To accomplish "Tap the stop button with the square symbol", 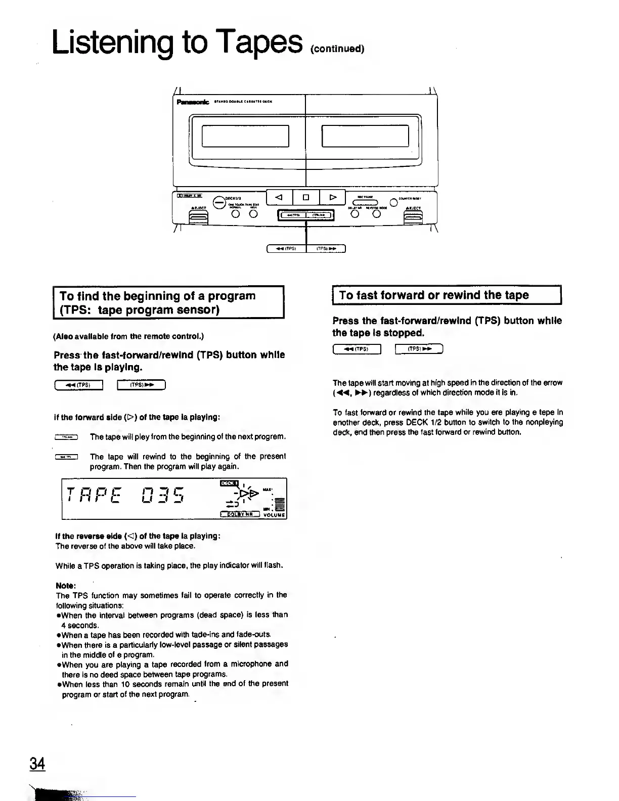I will click(306, 197).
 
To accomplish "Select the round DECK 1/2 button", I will click(219, 201).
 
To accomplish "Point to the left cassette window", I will click(245, 135).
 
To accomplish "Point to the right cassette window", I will click(365, 135).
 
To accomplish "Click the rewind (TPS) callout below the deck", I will click(287, 248).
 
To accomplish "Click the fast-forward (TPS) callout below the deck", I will click(326, 248).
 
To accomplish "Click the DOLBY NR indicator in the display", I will click(240, 515).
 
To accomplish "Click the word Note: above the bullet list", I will click(66, 585).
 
